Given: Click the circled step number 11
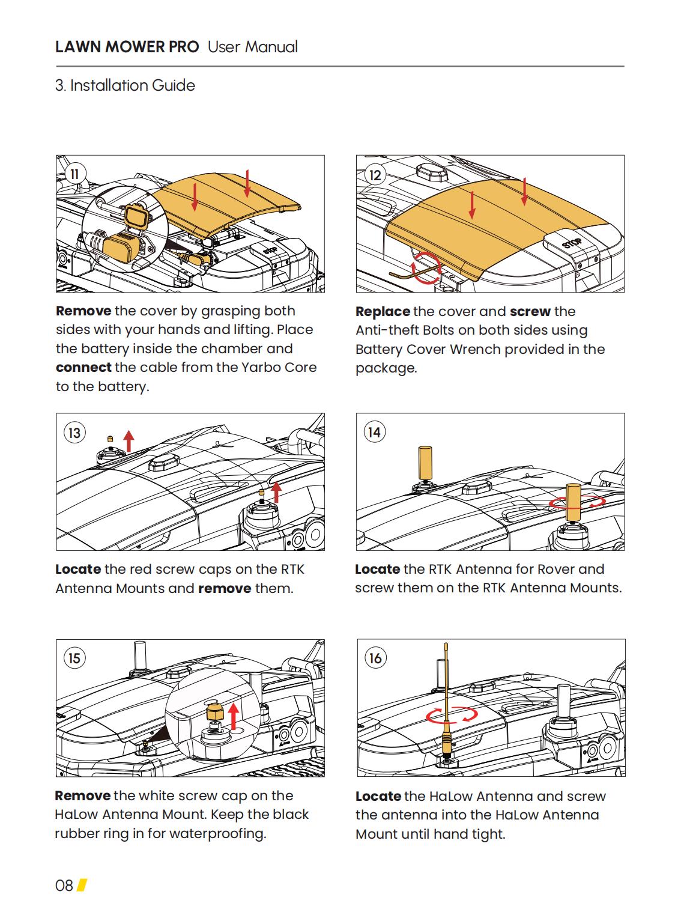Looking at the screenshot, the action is pyautogui.click(x=75, y=174).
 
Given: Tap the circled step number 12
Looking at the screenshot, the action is pyautogui.click(x=375, y=175).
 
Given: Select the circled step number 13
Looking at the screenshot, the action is pyautogui.click(x=74, y=433).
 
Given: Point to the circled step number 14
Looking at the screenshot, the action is pyautogui.click(x=374, y=433).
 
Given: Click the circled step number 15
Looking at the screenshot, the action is pyautogui.click(x=74, y=658).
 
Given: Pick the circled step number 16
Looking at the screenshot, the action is pyautogui.click(x=375, y=658).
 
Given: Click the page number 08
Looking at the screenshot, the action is pyautogui.click(x=64, y=886).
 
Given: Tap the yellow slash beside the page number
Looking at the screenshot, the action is pyautogui.click(x=82, y=886).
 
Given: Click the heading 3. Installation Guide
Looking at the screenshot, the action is pyautogui.click(x=125, y=85).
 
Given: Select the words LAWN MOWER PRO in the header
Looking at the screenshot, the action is pyautogui.click(x=127, y=47).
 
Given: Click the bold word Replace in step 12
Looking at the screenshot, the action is pyautogui.click(x=383, y=311).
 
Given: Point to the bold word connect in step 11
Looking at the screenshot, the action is pyautogui.click(x=83, y=368).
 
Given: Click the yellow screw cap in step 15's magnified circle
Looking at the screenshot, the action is pyautogui.click(x=215, y=712).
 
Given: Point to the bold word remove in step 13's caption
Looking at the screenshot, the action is pyautogui.click(x=225, y=588).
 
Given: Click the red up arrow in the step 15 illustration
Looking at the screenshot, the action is pyautogui.click(x=234, y=716).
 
